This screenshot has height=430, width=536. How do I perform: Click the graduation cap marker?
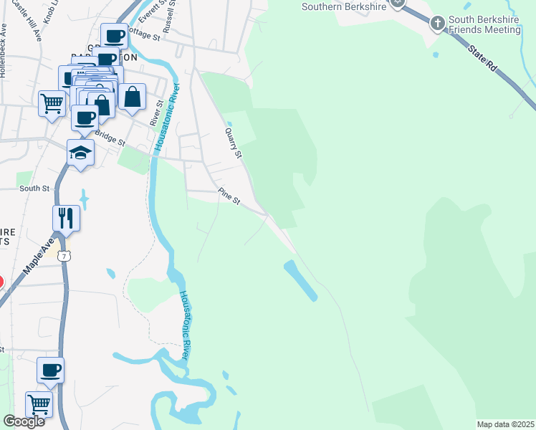click(80, 153)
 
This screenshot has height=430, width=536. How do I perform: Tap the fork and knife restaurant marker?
click(66, 217)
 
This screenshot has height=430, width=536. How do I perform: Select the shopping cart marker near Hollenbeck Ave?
click(52, 103)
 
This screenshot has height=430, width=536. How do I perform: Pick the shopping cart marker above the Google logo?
click(39, 403)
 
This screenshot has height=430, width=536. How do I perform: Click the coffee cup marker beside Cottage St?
click(114, 35)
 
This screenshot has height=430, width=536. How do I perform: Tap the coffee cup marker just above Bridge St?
click(84, 118)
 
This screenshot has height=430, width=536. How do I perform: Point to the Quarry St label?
click(234, 143)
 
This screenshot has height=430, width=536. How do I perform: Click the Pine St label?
click(229, 196)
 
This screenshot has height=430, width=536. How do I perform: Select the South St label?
click(34, 188)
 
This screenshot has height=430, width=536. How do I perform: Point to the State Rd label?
click(483, 58)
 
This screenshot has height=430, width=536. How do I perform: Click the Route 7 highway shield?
click(65, 254)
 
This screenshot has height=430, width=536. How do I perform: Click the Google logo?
click(24, 421)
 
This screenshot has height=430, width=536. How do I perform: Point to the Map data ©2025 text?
click(505, 424)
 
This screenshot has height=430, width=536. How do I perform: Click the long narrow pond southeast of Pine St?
click(301, 280)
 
